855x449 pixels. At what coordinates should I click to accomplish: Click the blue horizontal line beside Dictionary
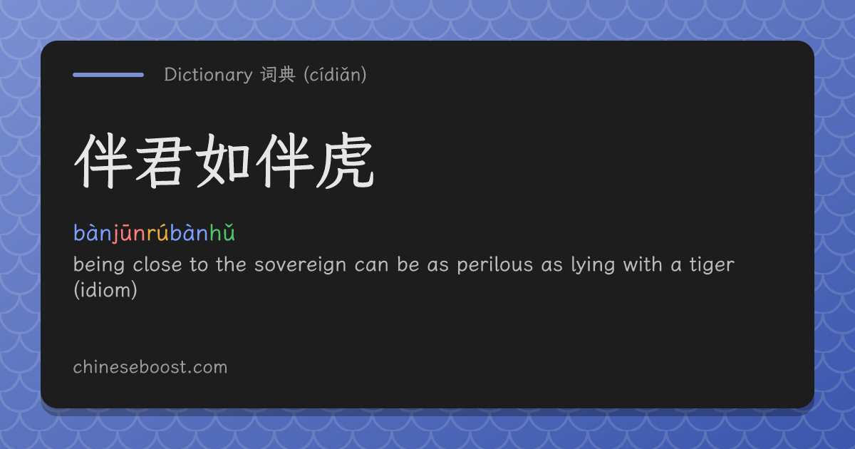click(108, 75)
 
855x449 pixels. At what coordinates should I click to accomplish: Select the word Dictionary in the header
click(208, 75)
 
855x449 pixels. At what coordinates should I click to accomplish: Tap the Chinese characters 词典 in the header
click(279, 74)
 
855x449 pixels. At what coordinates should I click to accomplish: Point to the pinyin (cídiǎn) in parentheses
click(335, 75)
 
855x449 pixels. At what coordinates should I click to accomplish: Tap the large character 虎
click(345, 161)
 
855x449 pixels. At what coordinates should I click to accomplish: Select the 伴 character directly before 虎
click(285, 161)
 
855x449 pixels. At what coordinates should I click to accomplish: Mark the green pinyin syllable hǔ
click(222, 233)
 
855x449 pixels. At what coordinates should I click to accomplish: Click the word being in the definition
click(99, 265)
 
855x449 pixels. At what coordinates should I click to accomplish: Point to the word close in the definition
click(157, 265)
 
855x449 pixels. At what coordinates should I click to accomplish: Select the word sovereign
click(300, 265)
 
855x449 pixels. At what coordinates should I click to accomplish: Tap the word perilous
click(494, 265)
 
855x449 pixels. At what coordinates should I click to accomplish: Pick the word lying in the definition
click(593, 265)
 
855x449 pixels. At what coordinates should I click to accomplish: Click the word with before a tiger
click(643, 264)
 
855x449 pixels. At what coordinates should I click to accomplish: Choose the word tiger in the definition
click(712, 265)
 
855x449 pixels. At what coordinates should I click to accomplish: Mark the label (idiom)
click(105, 290)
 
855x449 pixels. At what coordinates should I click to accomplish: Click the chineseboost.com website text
click(150, 367)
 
